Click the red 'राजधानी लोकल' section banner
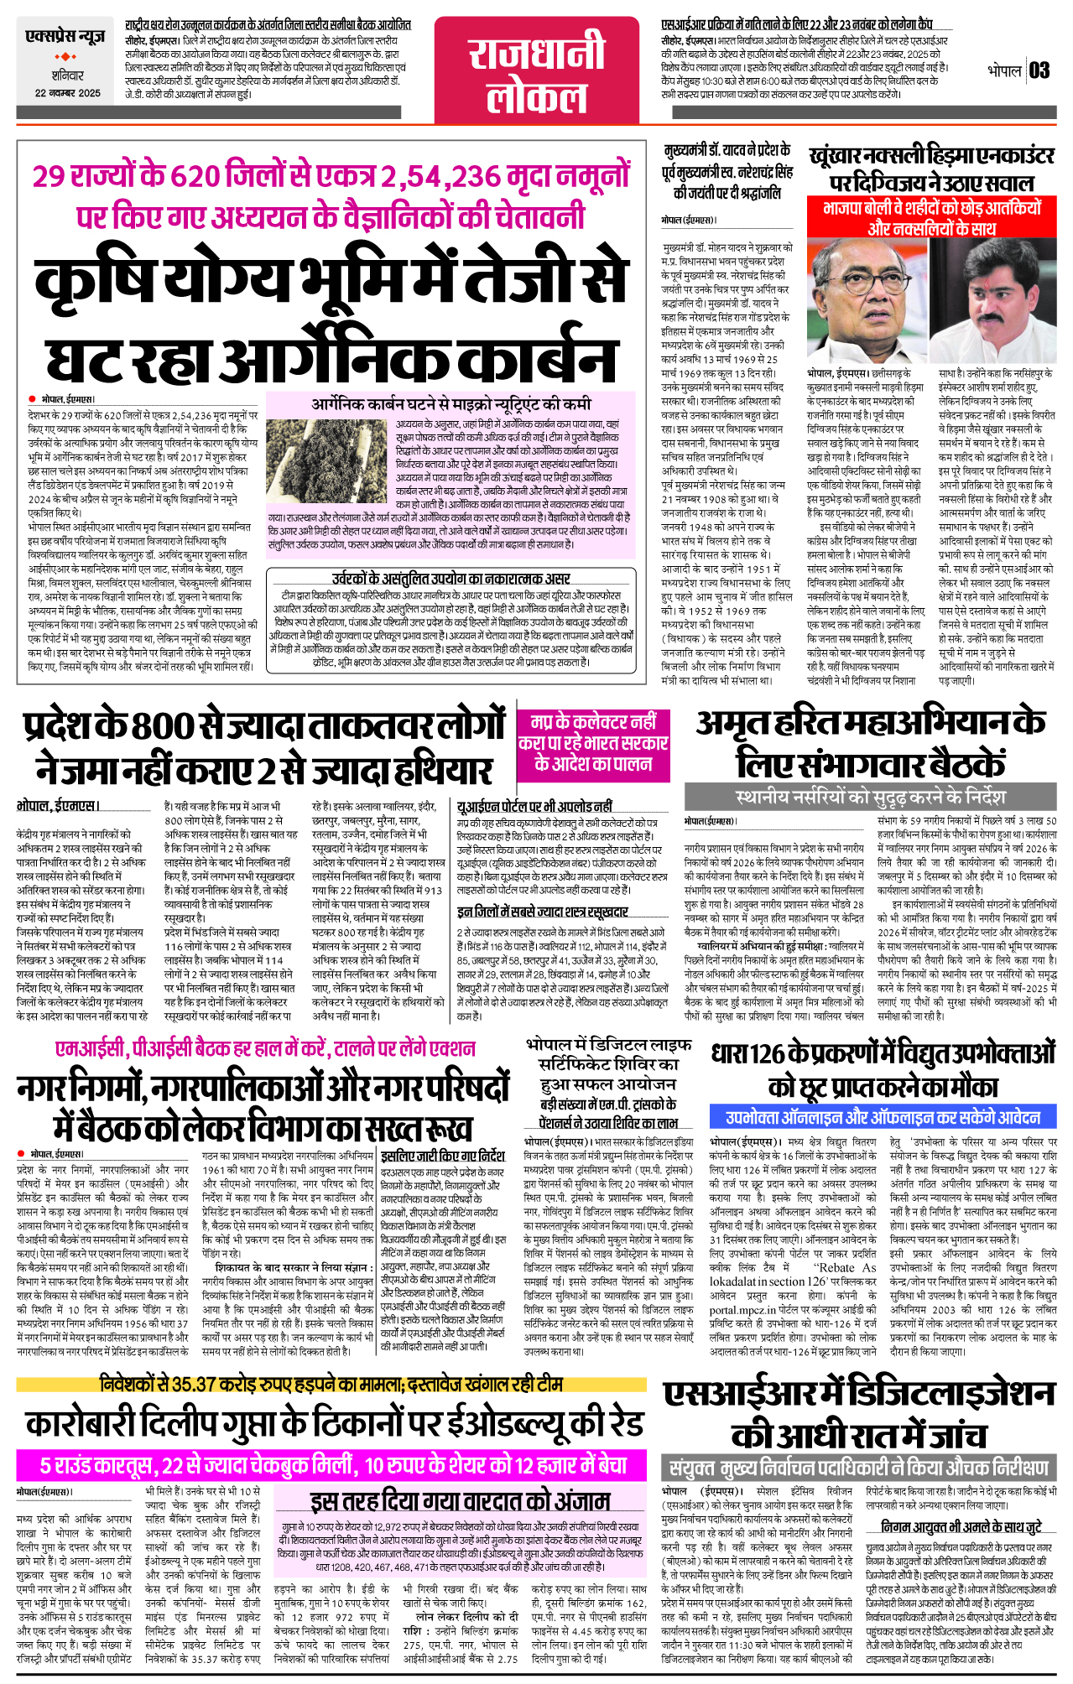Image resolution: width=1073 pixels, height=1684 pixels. [x=537, y=74]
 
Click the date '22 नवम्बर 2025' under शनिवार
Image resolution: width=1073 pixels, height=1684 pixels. [x=67, y=94]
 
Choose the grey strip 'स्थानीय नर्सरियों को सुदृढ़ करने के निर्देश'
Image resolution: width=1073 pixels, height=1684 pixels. [x=870, y=796]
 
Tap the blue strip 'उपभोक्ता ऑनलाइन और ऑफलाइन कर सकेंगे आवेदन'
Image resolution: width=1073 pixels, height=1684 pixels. [x=883, y=1117]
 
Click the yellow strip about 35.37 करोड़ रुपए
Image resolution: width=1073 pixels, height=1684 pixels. [x=331, y=1383]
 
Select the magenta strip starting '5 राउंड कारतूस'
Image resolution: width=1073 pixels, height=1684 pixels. [x=334, y=1465]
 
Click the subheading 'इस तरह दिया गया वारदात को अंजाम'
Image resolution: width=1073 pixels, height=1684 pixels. [x=460, y=1501]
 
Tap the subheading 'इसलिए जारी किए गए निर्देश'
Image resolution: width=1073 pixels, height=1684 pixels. [x=443, y=1155]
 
